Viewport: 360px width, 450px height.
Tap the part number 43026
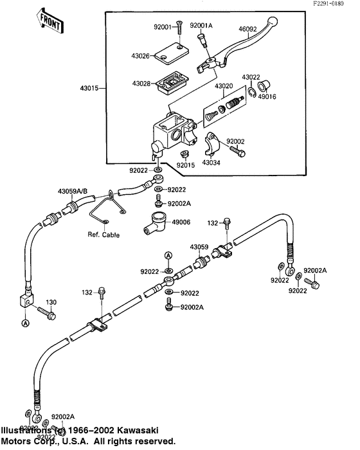[x=141, y=56]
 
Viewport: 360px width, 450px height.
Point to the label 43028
[x=141, y=84]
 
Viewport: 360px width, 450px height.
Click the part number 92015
[x=185, y=165]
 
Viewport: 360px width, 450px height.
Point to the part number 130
[x=51, y=302]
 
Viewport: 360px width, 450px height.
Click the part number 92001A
[x=201, y=26]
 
